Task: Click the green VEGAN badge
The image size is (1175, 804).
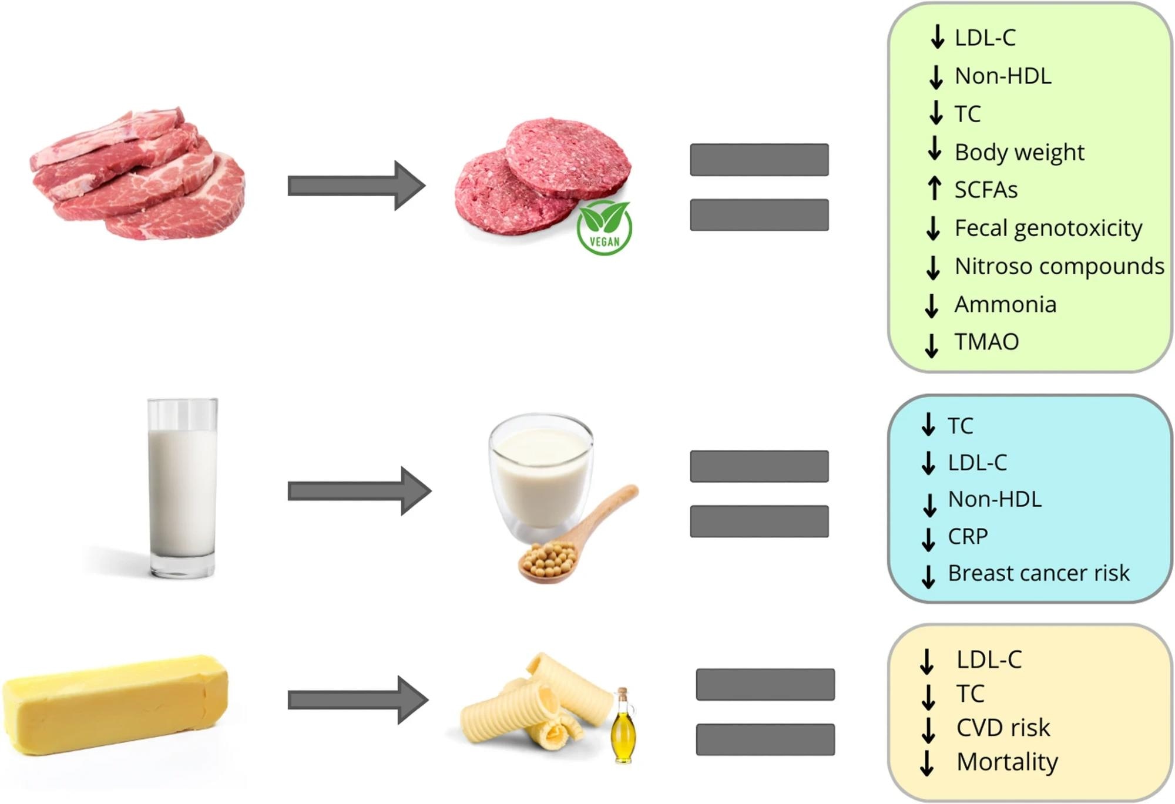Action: pyautogui.click(x=604, y=228)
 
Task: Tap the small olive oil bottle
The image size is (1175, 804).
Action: pyautogui.click(x=623, y=726)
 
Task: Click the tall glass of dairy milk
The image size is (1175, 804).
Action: pyautogui.click(x=182, y=487)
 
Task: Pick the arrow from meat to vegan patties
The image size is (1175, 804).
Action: pyautogui.click(x=355, y=186)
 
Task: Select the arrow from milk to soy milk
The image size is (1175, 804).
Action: pyautogui.click(x=358, y=491)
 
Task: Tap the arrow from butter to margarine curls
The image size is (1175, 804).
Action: pyautogui.click(x=357, y=699)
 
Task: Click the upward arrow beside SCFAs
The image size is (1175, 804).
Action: pyautogui.click(x=934, y=189)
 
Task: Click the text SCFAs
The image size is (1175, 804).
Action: pyautogui.click(x=986, y=190)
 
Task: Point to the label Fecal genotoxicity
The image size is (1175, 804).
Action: pyautogui.click(x=1048, y=228)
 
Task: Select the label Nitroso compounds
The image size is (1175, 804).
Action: pyautogui.click(x=1059, y=266)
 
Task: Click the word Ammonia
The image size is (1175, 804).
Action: pyautogui.click(x=1005, y=304)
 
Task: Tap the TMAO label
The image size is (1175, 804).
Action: pyautogui.click(x=986, y=341)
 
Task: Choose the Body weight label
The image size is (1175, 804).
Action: pyautogui.click(x=1019, y=152)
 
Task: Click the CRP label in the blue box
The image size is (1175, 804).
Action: pyautogui.click(x=968, y=536)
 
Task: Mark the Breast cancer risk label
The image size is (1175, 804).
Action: pyautogui.click(x=1038, y=573)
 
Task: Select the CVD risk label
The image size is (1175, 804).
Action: pyautogui.click(x=1003, y=728)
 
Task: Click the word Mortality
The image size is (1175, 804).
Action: pyautogui.click(x=1007, y=762)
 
